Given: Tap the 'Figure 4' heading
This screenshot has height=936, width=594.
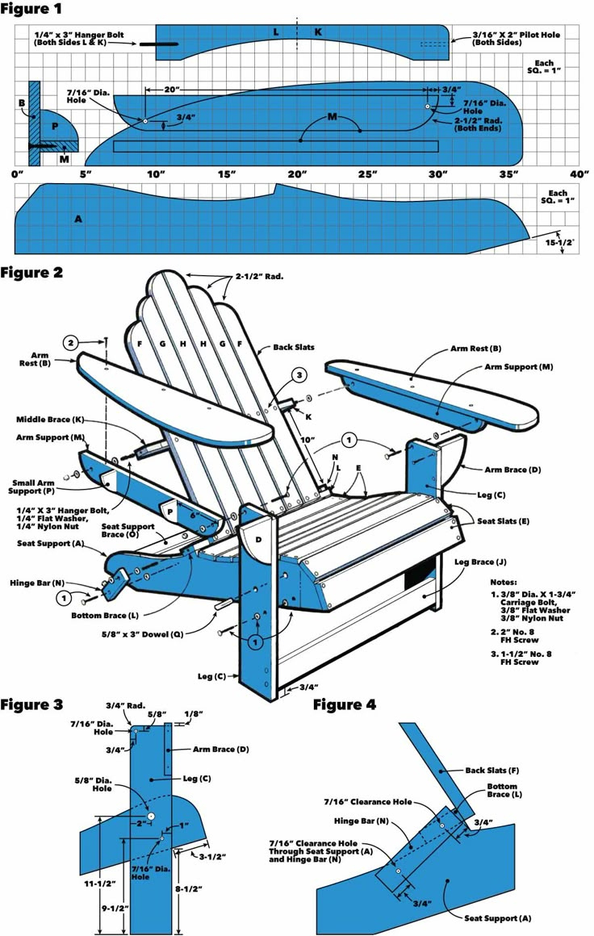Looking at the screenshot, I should click(345, 704).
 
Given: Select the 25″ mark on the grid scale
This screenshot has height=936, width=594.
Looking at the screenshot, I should click(367, 174).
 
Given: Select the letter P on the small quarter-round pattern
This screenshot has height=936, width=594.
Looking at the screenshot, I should click(55, 127).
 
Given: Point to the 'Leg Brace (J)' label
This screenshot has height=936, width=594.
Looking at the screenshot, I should click(482, 561).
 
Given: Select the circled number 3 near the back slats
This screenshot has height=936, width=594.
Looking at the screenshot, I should click(299, 375).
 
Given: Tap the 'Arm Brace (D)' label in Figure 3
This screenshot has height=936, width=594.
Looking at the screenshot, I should click(220, 749).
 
